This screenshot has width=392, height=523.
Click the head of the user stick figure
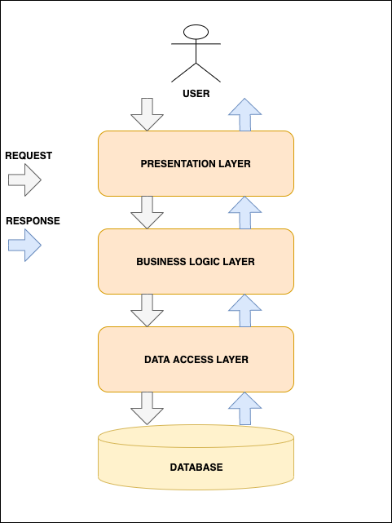click(x=196, y=32)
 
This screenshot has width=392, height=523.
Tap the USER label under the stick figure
click(x=196, y=94)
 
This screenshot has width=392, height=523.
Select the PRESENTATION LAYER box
click(x=196, y=163)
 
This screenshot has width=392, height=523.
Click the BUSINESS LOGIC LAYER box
click(x=196, y=261)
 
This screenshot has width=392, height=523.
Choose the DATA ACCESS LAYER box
click(x=196, y=359)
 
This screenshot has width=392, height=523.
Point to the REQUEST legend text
click(x=29, y=155)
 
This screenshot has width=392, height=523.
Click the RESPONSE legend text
click(x=33, y=221)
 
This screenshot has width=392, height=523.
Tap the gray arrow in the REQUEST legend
click(x=24, y=180)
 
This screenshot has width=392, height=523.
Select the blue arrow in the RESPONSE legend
click(x=24, y=245)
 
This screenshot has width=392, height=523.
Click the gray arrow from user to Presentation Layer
click(x=147, y=114)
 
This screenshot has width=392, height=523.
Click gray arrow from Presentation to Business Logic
click(x=147, y=212)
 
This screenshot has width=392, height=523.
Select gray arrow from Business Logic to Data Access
click(x=147, y=310)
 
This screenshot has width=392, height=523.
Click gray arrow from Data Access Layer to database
click(x=147, y=408)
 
